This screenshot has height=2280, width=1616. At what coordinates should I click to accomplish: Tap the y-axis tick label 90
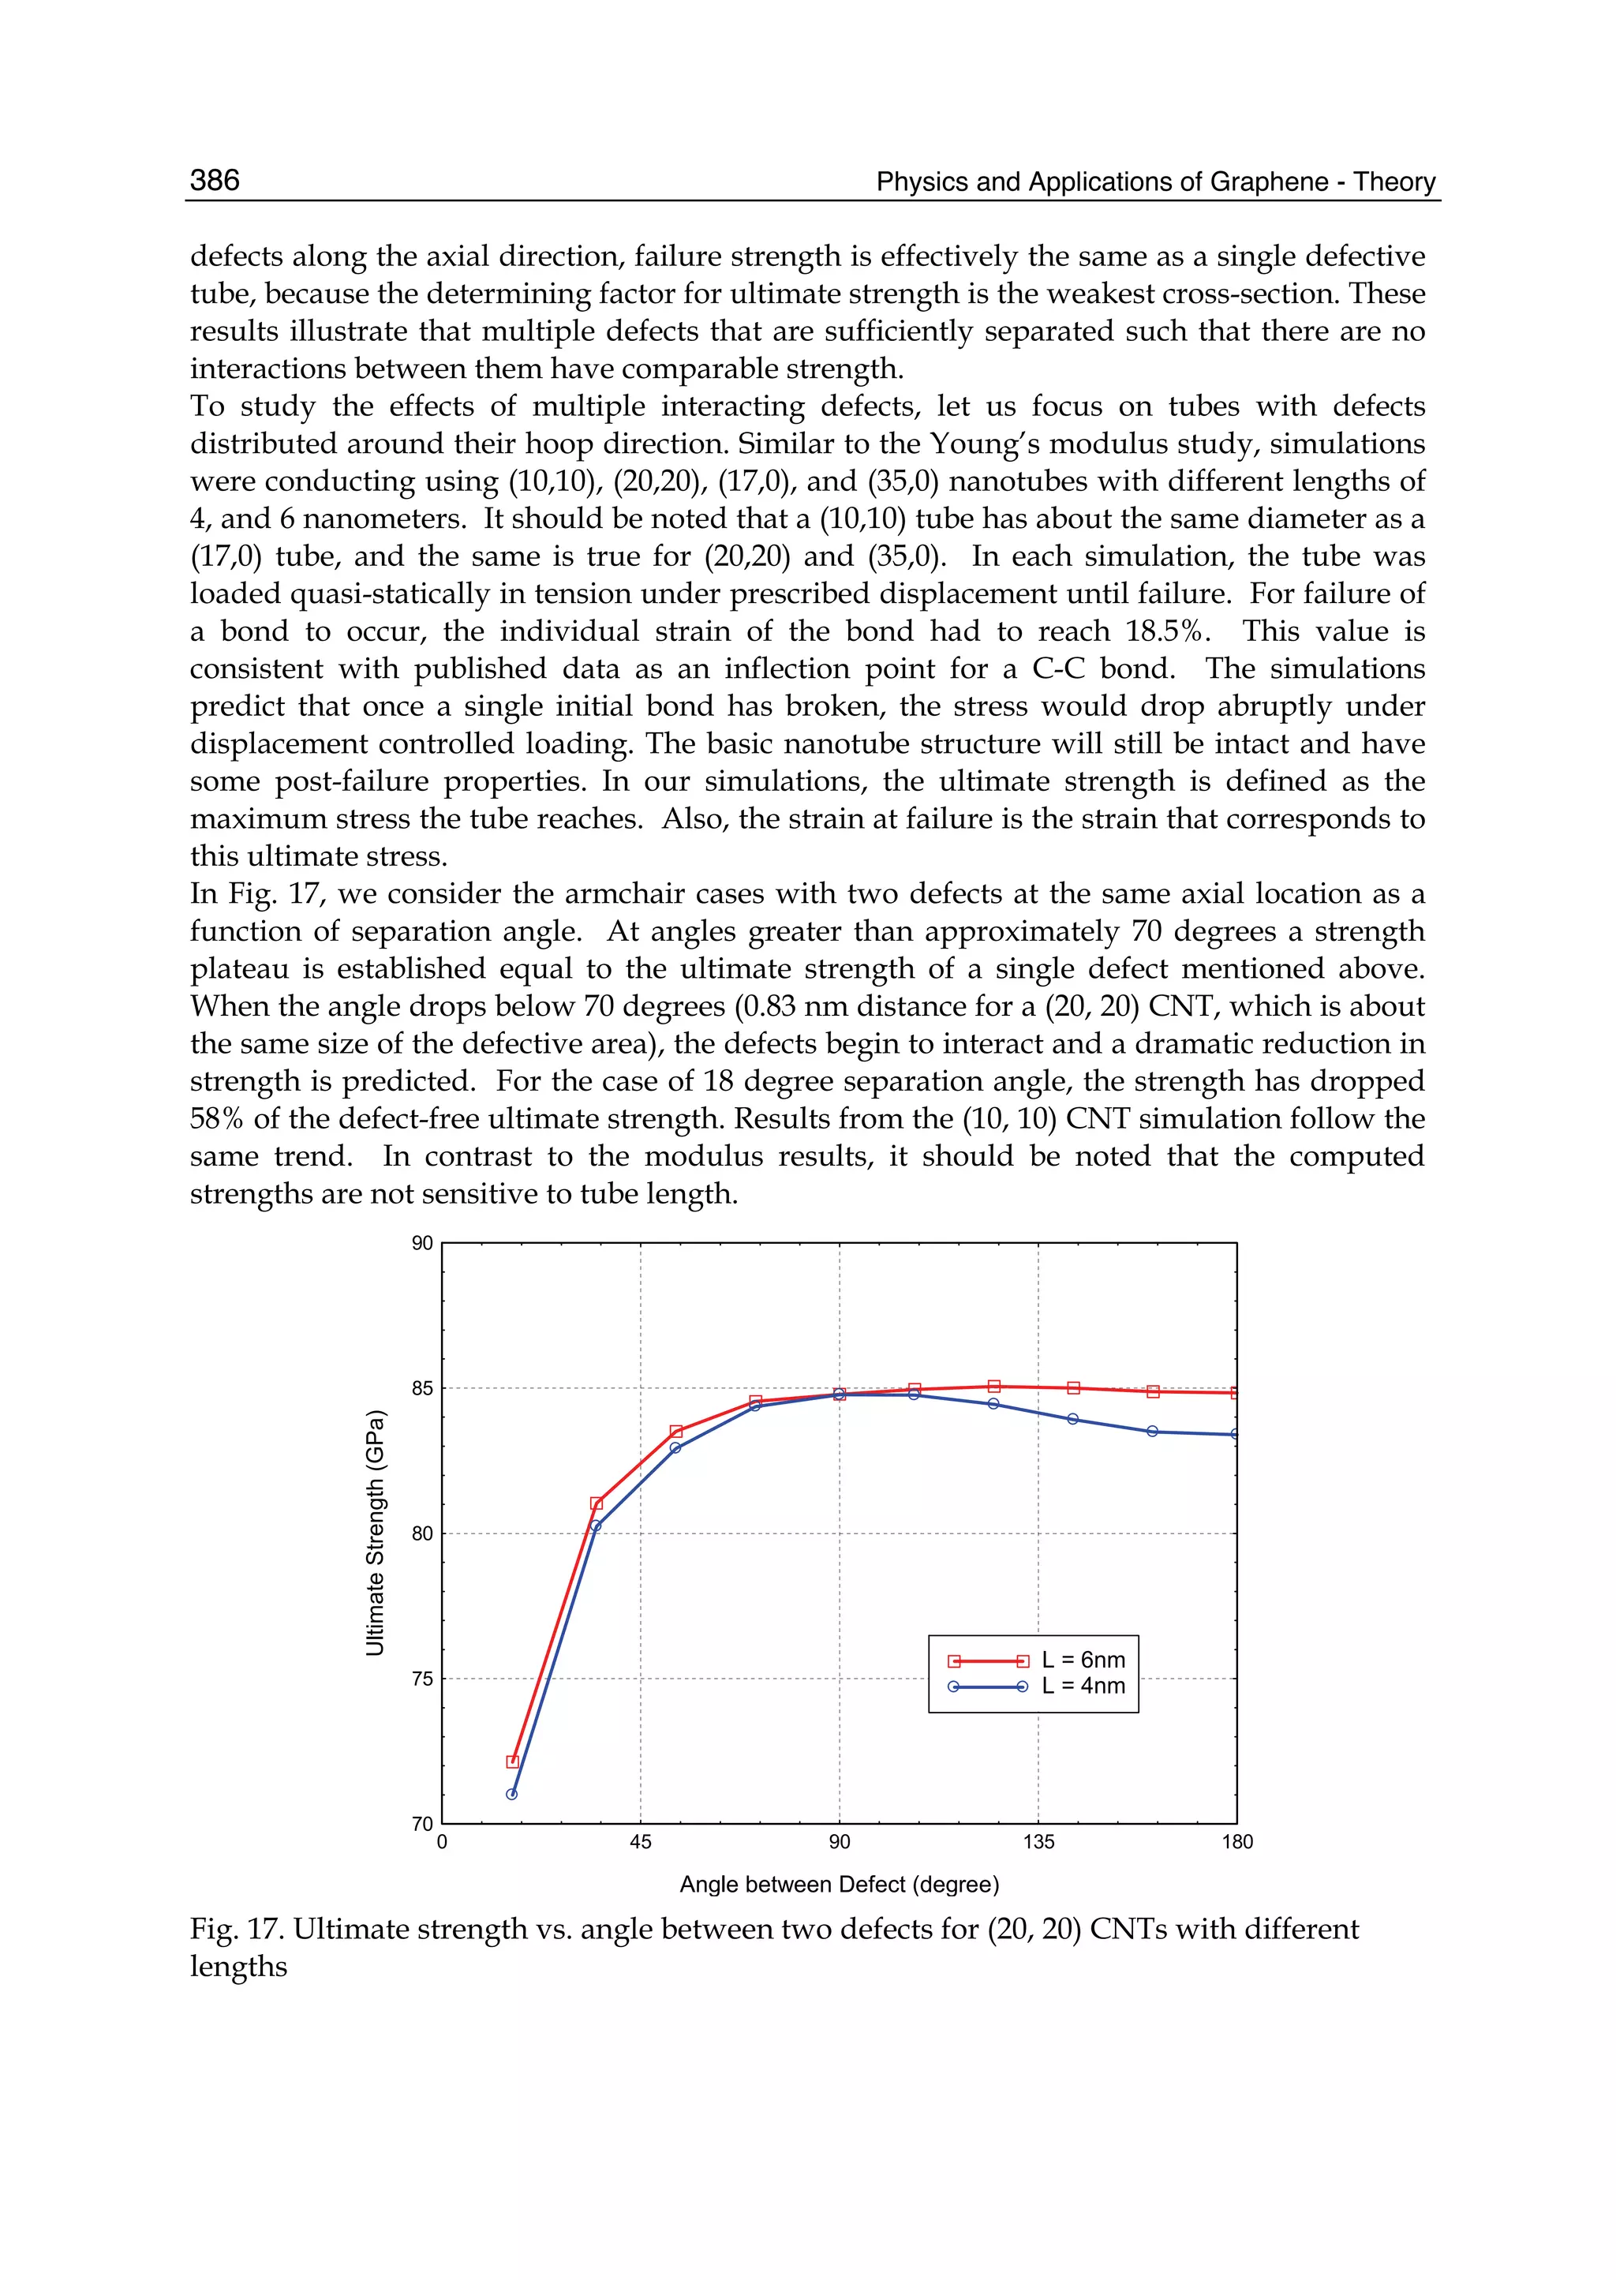point(422,1243)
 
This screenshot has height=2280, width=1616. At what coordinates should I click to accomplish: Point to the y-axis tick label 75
point(422,1679)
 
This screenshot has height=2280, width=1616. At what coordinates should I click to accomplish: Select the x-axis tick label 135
point(1038,1842)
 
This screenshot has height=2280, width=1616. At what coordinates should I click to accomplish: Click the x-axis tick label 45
point(640,1842)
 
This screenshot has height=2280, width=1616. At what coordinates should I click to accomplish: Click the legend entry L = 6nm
point(1083,1660)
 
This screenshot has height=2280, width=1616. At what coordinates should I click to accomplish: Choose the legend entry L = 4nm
point(1083,1686)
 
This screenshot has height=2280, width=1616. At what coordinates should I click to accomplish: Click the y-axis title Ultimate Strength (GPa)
point(375,1533)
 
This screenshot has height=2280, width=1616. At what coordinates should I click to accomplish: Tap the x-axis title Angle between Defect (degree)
point(839,1884)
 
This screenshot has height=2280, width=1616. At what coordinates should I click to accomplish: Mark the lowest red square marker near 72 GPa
point(512,1761)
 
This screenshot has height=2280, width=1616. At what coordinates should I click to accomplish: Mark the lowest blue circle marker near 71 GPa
point(511,1795)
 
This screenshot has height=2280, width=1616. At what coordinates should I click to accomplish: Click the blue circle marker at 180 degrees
point(1235,1434)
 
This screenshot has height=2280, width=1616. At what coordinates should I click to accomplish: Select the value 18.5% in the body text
point(1162,631)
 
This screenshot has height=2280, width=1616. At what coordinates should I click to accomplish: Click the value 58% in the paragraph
point(217,1118)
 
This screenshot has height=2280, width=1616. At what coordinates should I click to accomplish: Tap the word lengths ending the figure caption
point(239,1967)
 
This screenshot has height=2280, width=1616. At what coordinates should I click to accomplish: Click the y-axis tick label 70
point(422,1823)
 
